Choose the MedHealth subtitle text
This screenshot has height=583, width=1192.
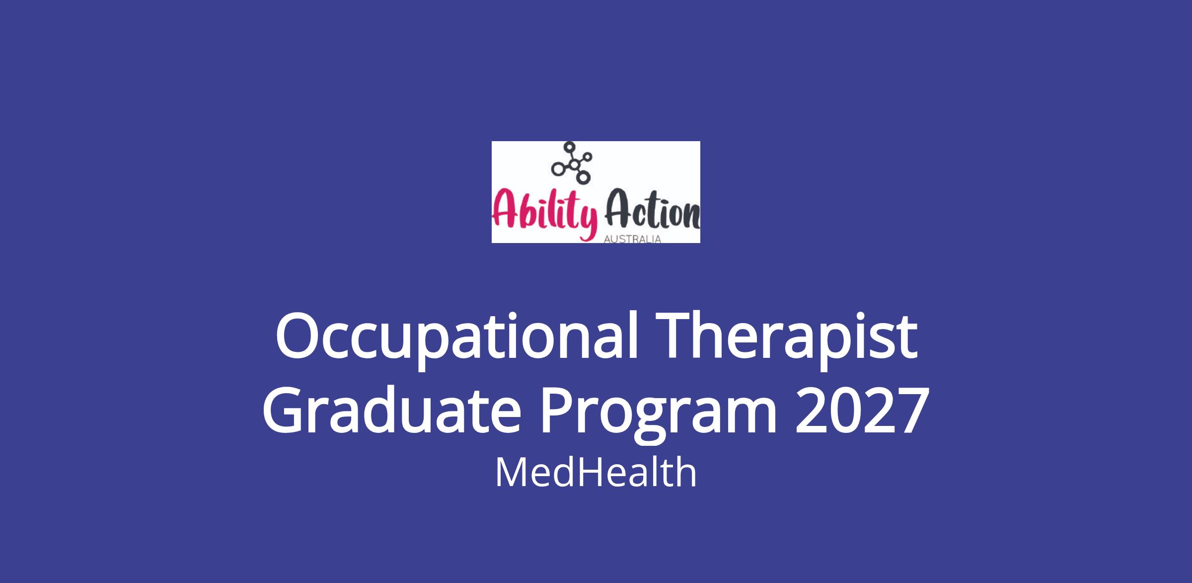coord(596,472)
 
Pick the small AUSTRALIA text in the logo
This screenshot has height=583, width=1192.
coord(632,239)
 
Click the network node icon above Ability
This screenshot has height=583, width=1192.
coord(571,162)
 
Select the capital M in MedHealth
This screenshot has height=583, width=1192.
coord(510,472)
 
